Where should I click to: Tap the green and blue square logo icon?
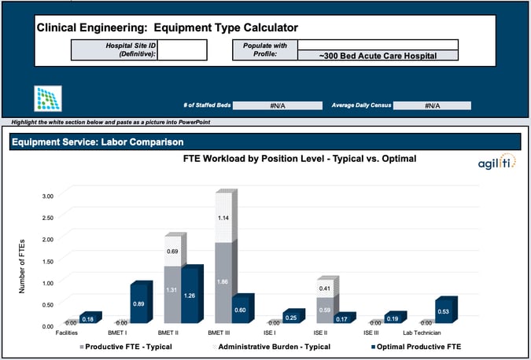[49, 99]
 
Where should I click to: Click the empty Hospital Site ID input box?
[183, 50]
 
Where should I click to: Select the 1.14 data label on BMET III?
[224, 218]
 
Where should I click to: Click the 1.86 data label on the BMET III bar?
[224, 281]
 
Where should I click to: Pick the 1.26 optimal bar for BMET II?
[191, 296]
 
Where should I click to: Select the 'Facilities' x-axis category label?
[66, 333]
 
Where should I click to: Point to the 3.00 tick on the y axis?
[49, 195]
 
